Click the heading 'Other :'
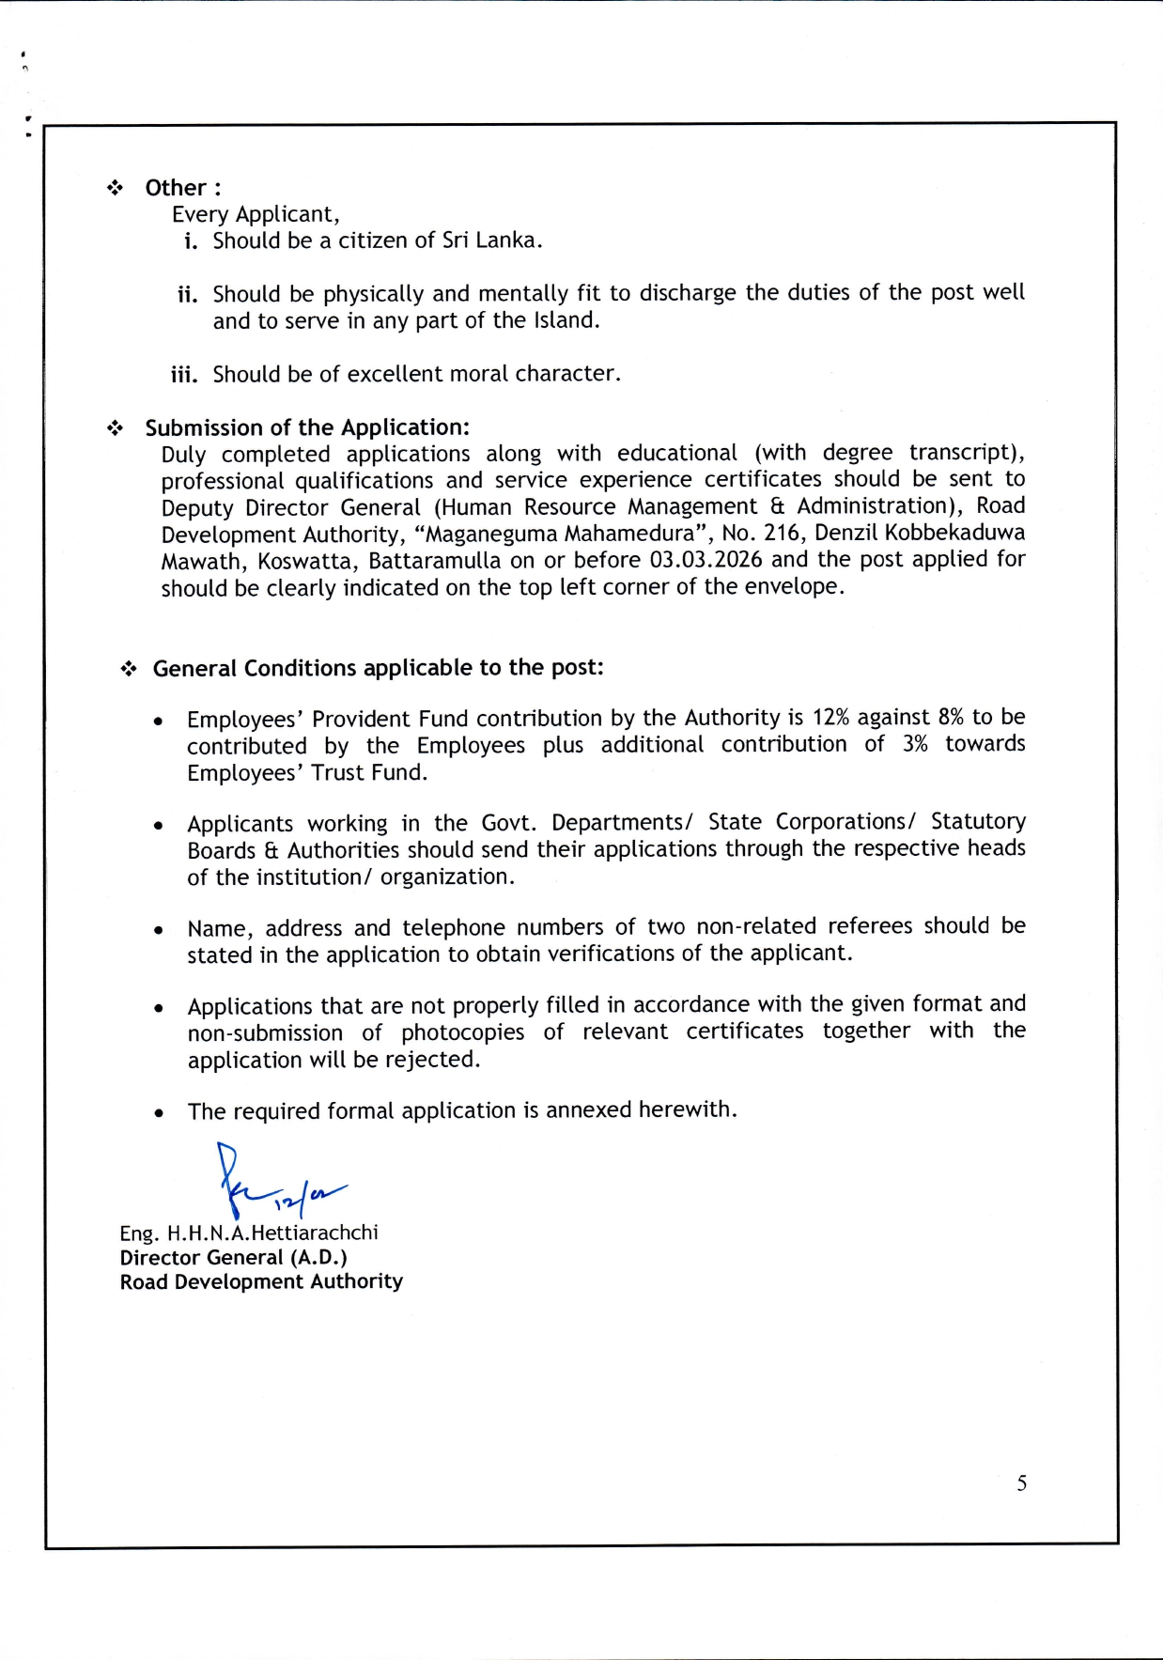182,188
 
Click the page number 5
1021,1483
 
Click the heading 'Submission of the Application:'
306,427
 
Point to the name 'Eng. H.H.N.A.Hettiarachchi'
249,1233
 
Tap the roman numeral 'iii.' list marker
184,375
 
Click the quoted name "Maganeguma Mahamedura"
561,534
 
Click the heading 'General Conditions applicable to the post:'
378,668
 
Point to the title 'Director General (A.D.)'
233,1257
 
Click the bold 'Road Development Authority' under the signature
261,1281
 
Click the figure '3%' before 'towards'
914,744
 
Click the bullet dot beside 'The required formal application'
160,1113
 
